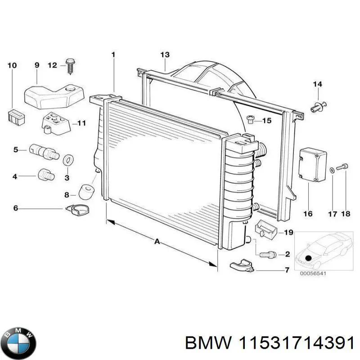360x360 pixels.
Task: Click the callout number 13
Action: [x=165, y=55]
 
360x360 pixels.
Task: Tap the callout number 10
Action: [x=12, y=66]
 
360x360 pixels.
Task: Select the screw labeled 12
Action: [x=70, y=65]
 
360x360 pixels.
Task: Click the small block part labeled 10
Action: [x=16, y=117]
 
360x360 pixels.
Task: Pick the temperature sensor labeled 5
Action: [x=44, y=152]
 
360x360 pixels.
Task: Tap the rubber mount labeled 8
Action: [x=86, y=192]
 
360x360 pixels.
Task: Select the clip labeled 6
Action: [x=77, y=209]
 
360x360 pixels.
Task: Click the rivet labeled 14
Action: [x=318, y=106]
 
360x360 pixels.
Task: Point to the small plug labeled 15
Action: [x=252, y=119]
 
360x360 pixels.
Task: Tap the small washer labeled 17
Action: [x=332, y=170]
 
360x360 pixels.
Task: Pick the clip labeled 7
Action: [x=243, y=266]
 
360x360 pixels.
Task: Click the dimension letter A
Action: [x=157, y=242]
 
